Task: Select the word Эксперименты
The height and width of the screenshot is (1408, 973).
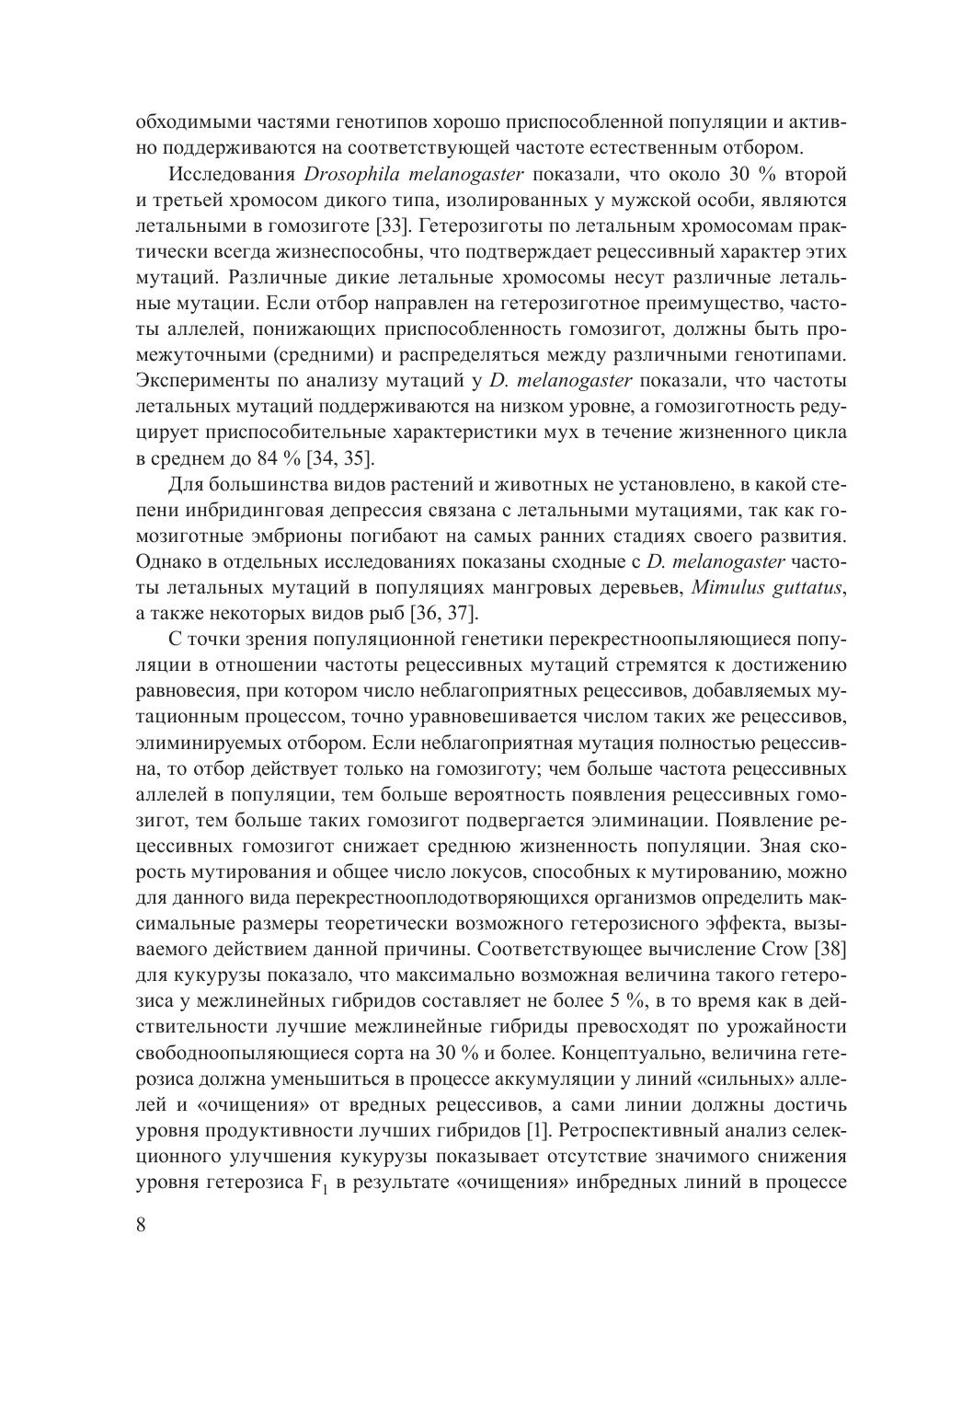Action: [x=200, y=381]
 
